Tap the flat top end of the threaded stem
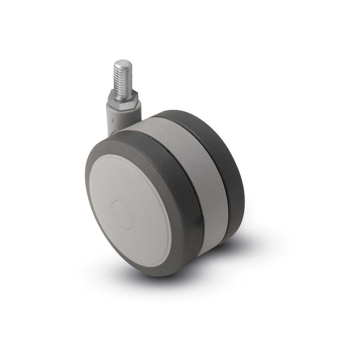(x=122, y=62)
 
